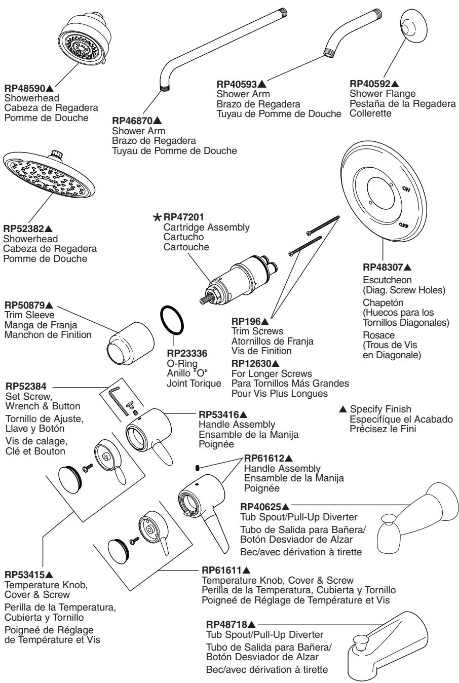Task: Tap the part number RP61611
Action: click(220, 571)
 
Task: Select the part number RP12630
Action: click(251, 363)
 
